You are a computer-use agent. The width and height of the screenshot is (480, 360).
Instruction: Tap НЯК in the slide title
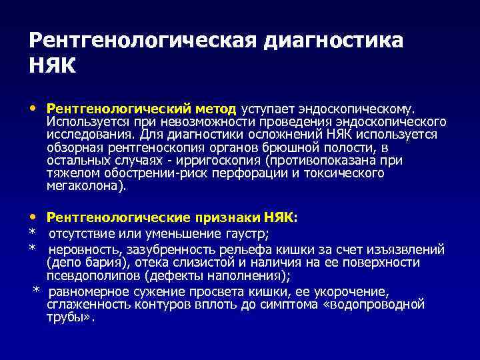[53, 67]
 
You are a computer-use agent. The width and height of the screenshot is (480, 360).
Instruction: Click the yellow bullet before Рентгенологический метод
[33, 108]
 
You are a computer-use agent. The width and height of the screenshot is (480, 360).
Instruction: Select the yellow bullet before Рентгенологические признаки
[33, 217]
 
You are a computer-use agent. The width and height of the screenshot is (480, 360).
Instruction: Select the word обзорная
[73, 147]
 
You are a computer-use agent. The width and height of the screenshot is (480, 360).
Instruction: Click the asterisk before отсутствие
[32, 233]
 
